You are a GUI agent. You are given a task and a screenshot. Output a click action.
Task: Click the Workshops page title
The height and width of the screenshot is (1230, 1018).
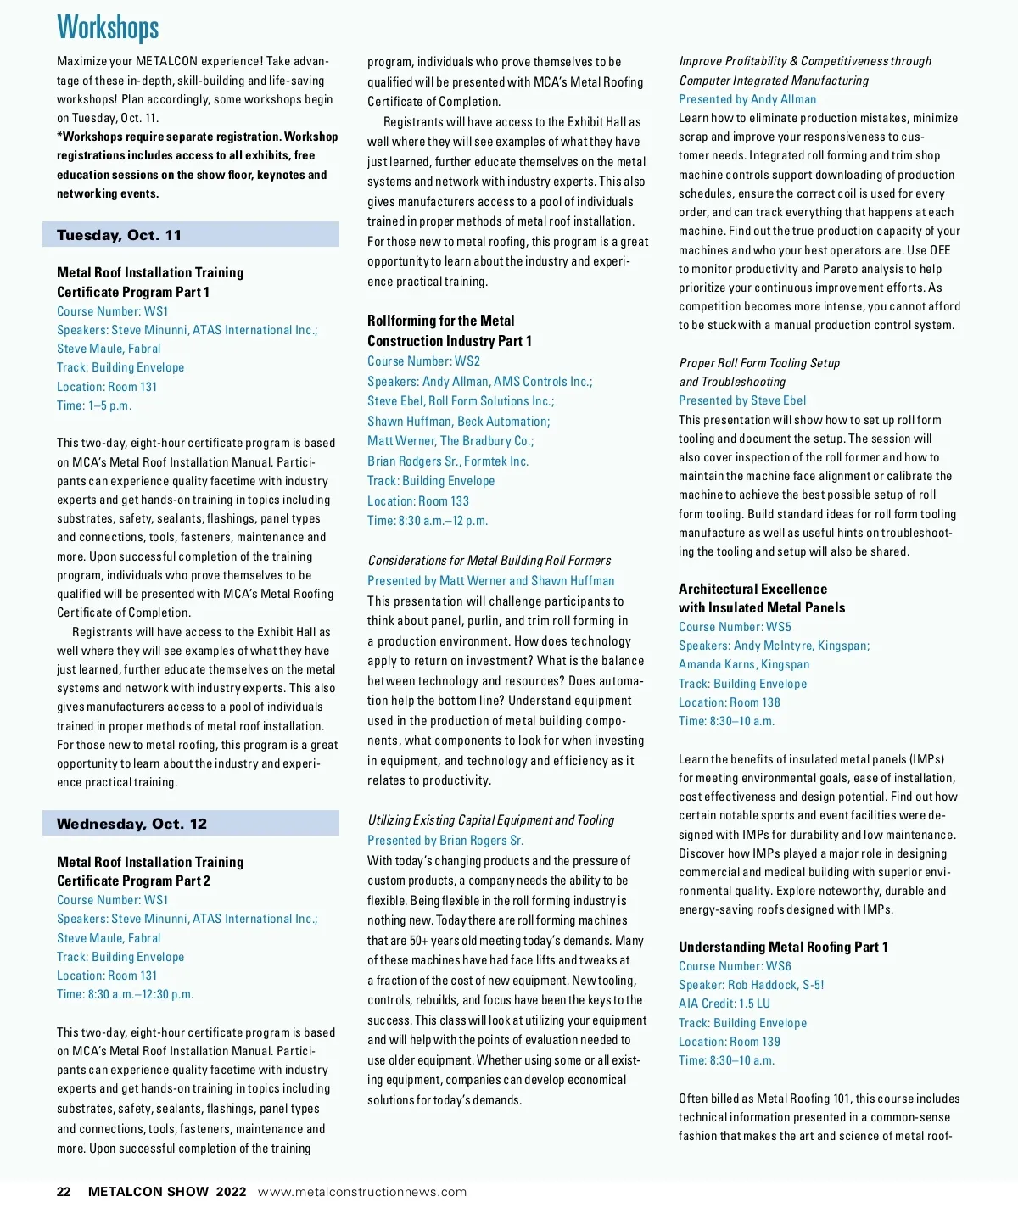[x=108, y=28]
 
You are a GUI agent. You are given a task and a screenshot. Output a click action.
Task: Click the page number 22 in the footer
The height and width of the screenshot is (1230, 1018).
[x=64, y=1191]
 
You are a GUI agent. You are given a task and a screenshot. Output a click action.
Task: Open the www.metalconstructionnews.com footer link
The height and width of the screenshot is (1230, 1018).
[x=362, y=1191]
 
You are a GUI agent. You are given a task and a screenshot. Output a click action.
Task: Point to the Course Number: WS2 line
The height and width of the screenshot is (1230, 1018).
[x=423, y=361]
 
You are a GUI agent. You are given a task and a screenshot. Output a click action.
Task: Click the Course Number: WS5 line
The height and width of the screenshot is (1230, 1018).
[x=735, y=627]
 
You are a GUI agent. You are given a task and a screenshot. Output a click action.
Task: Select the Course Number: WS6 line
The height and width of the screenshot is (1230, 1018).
[x=735, y=966]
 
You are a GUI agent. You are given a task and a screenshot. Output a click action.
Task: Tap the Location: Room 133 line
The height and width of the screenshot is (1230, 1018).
[x=418, y=500]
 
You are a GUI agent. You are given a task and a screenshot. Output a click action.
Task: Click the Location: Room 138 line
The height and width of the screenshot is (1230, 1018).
[x=730, y=702]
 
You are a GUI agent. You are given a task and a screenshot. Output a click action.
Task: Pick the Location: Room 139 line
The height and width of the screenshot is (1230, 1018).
[x=730, y=1042]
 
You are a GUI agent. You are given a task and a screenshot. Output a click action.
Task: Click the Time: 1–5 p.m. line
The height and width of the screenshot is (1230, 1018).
[x=94, y=405]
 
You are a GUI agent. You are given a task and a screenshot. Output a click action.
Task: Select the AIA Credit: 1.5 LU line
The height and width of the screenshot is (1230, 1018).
[x=724, y=1004]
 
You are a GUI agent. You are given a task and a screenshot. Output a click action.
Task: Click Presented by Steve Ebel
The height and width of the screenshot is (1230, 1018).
[x=742, y=400]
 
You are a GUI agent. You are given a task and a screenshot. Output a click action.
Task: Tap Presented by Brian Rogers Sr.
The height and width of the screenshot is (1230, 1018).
[x=445, y=841]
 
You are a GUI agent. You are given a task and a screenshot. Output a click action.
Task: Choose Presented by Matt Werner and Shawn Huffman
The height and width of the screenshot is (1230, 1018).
[x=490, y=581]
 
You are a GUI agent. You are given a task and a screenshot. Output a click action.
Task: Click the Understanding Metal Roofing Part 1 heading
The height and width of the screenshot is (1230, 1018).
[x=783, y=947]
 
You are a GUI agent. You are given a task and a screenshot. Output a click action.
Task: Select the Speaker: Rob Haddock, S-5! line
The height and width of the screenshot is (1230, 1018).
[x=752, y=985]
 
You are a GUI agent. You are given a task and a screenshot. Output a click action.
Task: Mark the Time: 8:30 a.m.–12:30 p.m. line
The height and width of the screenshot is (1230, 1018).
[x=126, y=994]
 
